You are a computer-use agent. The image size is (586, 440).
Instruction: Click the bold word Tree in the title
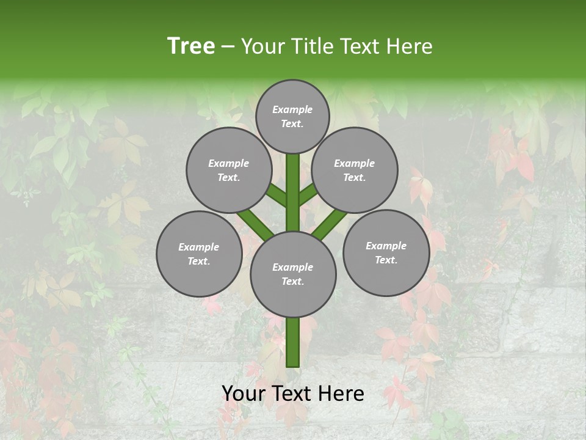pos(191,46)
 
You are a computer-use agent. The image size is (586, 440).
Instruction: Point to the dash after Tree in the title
pos(228,46)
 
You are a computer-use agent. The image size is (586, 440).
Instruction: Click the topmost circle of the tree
pos(292,116)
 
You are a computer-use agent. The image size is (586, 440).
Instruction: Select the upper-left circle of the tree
pos(228,170)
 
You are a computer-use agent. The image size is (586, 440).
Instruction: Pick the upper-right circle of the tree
pos(355,170)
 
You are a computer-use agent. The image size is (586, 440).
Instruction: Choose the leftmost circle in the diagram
pos(199,254)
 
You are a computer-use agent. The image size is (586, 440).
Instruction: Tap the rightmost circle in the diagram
pos(386,252)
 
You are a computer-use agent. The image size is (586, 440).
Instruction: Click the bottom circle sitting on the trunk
pos(293,274)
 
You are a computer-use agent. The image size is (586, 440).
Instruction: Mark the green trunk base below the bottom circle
pos(293,342)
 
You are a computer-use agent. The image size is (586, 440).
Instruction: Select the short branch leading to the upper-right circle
pos(308,194)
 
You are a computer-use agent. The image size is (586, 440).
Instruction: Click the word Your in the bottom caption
pos(244,394)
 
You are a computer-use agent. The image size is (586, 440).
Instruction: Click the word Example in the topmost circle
pos(292,109)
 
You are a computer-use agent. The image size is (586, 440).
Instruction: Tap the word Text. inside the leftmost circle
pos(199,261)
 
